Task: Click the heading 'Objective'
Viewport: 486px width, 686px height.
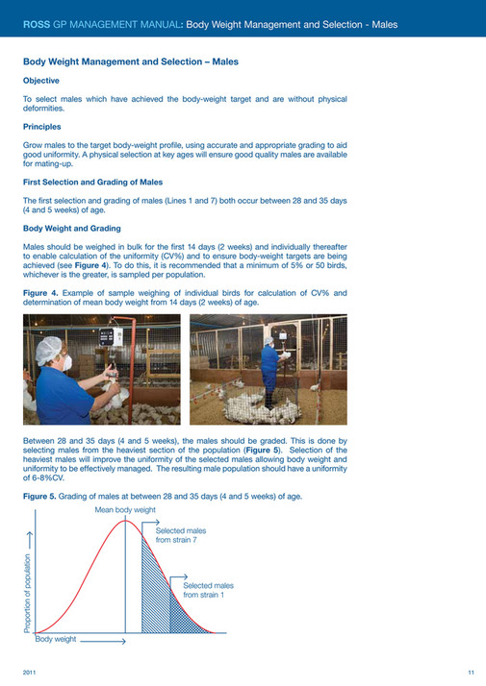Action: (x=40, y=81)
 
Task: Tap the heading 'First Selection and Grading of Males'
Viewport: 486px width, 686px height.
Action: (x=92, y=182)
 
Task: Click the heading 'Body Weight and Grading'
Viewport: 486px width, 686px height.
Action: (x=71, y=229)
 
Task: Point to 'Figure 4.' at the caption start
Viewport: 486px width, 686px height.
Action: (x=40, y=291)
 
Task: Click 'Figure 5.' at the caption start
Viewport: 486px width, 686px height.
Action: (x=40, y=496)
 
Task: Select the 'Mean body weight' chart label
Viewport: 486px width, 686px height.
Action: (x=125, y=509)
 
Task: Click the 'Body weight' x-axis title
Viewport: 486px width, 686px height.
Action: (x=56, y=638)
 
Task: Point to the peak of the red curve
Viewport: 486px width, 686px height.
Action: (x=126, y=520)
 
